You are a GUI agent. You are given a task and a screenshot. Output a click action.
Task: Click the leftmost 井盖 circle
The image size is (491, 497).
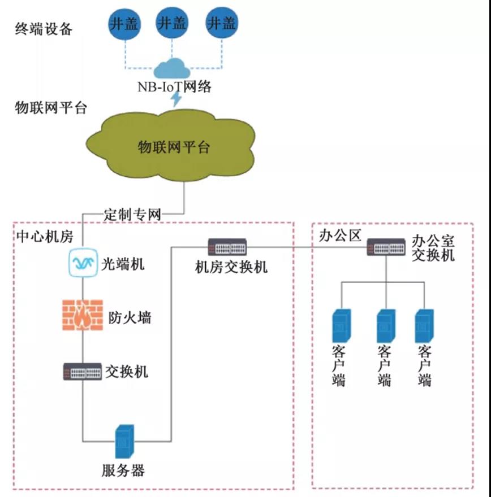point(124,24)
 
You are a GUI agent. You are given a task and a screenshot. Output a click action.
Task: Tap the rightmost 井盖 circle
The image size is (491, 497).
point(221,23)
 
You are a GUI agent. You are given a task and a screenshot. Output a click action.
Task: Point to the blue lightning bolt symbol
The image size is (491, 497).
point(176,99)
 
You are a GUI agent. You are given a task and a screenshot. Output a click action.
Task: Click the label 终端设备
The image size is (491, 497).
point(44,29)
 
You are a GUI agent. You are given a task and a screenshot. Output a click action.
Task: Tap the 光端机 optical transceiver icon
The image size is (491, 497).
point(84,263)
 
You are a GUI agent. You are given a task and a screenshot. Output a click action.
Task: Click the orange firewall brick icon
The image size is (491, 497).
point(83,315)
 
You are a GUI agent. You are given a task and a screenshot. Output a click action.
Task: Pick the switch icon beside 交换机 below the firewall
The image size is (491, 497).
point(83,371)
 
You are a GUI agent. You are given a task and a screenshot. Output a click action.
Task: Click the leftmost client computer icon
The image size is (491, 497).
point(342,325)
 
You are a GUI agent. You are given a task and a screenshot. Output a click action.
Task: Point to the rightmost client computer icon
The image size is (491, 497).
point(424,325)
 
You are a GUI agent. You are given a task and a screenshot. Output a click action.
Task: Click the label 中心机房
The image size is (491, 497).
point(45,236)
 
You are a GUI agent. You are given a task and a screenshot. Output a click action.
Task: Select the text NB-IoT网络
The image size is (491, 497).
point(175,86)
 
